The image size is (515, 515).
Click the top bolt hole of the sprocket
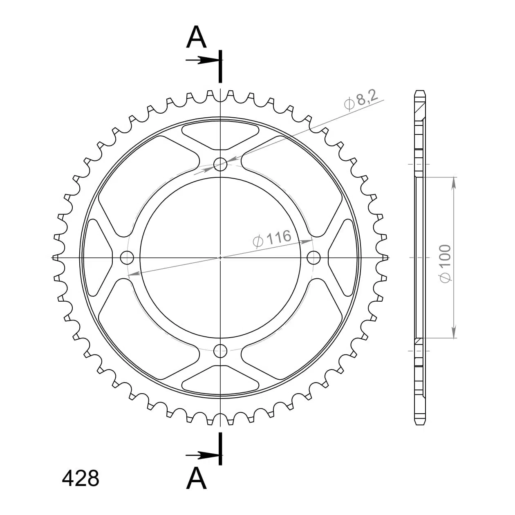click(x=220, y=164)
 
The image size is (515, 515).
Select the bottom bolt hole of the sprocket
click(x=220, y=351)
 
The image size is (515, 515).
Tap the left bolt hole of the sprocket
click(x=127, y=257)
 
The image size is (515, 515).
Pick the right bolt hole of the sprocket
click(x=313, y=257)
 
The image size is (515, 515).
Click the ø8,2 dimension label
click(x=361, y=101)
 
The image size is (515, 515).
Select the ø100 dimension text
click(x=445, y=263)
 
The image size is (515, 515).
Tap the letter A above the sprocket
click(x=197, y=37)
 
